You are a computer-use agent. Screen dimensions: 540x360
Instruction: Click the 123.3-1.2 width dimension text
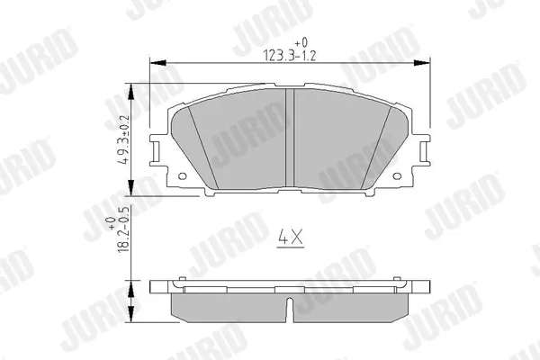point(289,56)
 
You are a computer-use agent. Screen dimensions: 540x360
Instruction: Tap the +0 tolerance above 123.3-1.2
point(301,42)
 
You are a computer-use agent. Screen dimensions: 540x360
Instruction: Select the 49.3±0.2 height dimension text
point(124,139)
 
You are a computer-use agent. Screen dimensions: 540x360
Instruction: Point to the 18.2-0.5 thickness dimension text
point(124,229)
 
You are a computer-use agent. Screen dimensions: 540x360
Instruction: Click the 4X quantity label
point(291,238)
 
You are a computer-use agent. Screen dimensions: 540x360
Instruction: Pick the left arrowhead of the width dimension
point(158,63)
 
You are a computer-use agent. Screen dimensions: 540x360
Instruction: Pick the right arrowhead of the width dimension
point(421,63)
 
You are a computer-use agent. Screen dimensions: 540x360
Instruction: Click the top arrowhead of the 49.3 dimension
point(130,91)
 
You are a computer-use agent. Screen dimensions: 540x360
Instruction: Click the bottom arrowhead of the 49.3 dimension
point(130,188)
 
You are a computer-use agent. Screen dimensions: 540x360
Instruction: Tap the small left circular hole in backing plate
point(183,176)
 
